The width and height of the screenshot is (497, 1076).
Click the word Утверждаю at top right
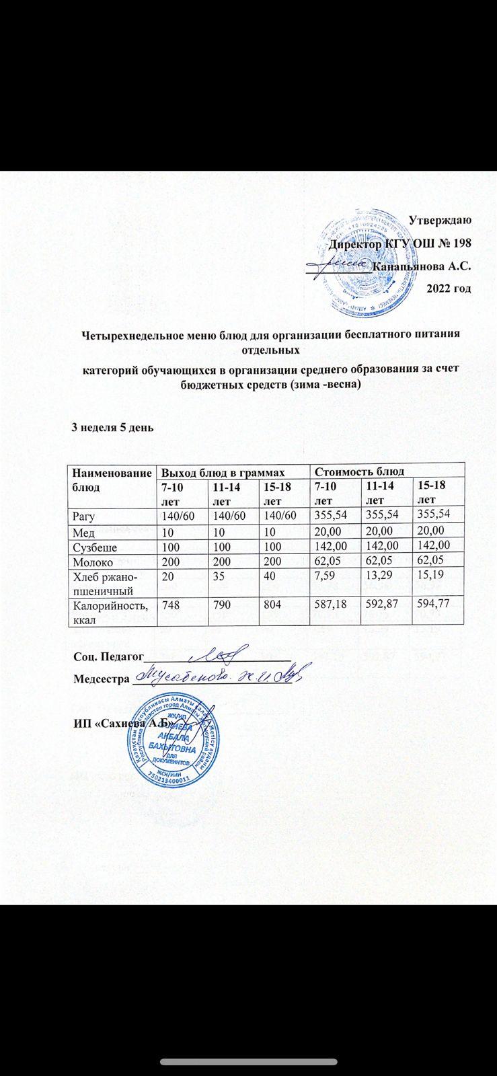440,220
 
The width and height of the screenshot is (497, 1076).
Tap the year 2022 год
449,288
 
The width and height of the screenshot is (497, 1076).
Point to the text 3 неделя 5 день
114,428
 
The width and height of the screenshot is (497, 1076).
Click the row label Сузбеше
95,546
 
